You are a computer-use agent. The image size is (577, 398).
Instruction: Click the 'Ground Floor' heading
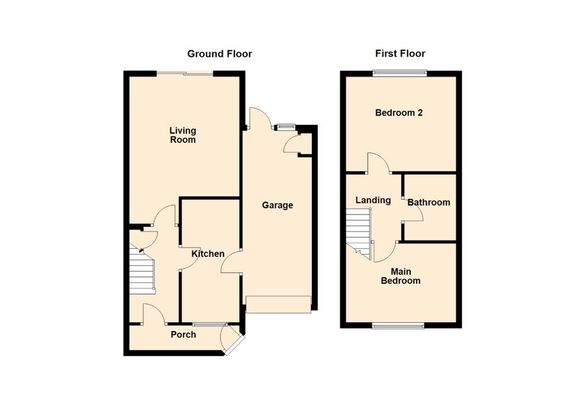click(220, 54)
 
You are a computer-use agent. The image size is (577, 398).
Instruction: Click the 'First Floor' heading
click(400, 54)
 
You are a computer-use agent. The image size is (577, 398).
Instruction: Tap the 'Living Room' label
click(182, 135)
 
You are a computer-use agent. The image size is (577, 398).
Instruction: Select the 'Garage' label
click(278, 206)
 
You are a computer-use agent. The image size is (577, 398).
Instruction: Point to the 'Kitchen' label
click(208, 253)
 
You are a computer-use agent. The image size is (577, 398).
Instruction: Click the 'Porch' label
click(183, 335)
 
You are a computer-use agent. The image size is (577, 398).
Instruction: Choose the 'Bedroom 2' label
click(399, 113)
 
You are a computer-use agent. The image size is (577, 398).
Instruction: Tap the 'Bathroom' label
click(428, 203)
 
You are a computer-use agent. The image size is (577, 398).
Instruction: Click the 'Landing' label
click(373, 200)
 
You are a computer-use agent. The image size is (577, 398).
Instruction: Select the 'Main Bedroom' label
click(400, 276)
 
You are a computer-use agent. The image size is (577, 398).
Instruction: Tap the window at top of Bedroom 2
click(399, 73)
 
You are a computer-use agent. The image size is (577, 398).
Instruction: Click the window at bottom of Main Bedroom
click(398, 325)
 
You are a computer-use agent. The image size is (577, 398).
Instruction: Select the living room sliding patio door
click(185, 73)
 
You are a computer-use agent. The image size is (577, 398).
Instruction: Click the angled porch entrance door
click(231, 342)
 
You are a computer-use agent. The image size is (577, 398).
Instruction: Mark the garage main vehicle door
click(278, 304)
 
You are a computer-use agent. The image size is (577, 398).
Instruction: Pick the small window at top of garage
click(286, 126)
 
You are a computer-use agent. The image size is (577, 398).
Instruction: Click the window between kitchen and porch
click(209, 324)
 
